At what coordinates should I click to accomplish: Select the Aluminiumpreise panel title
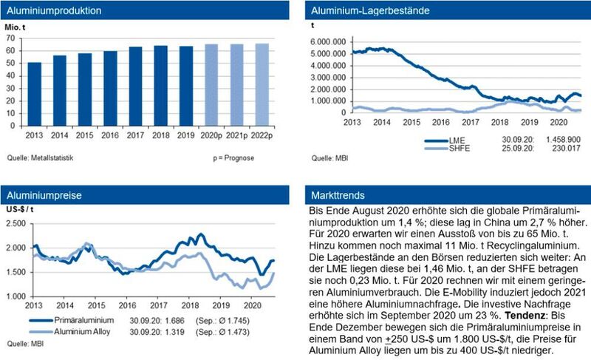tap(46, 196)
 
